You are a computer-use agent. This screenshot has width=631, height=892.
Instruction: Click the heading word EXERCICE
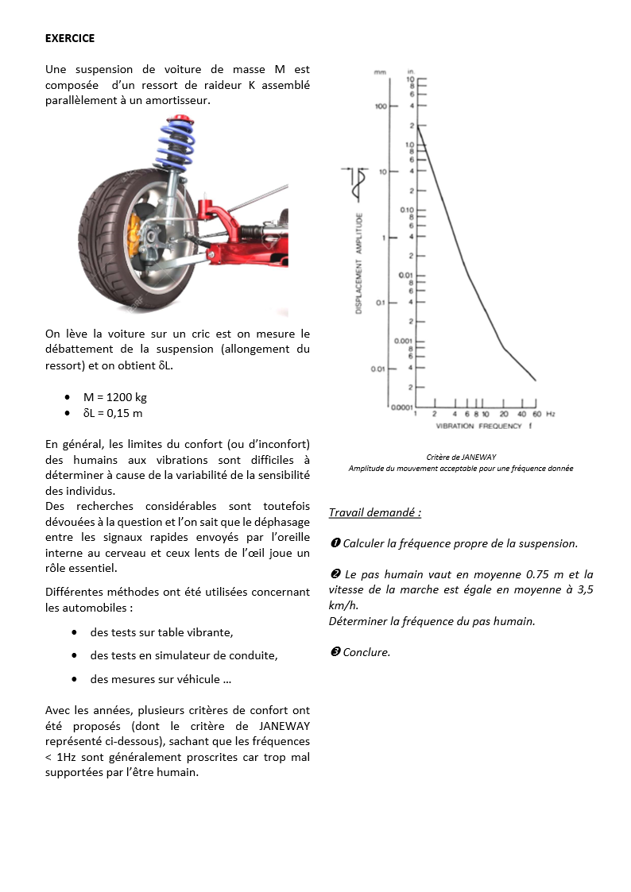[x=70, y=38]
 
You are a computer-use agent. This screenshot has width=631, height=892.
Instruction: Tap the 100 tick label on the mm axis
[x=381, y=106]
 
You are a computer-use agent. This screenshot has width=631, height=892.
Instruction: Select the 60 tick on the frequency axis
[x=536, y=415]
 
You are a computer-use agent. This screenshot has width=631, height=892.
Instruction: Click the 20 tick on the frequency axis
[x=504, y=415]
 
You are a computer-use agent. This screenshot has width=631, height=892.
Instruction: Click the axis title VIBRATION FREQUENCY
[x=478, y=427]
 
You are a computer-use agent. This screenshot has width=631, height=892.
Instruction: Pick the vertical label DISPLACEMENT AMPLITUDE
[x=359, y=263]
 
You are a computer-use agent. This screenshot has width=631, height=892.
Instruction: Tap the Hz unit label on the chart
[x=550, y=415]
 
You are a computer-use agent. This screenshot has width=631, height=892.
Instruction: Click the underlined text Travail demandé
[x=374, y=513]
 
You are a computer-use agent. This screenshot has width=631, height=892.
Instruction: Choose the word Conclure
[x=366, y=652]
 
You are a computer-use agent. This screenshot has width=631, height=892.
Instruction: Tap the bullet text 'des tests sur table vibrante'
[x=161, y=633]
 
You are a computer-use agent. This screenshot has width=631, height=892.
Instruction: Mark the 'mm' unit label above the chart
[x=381, y=72]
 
